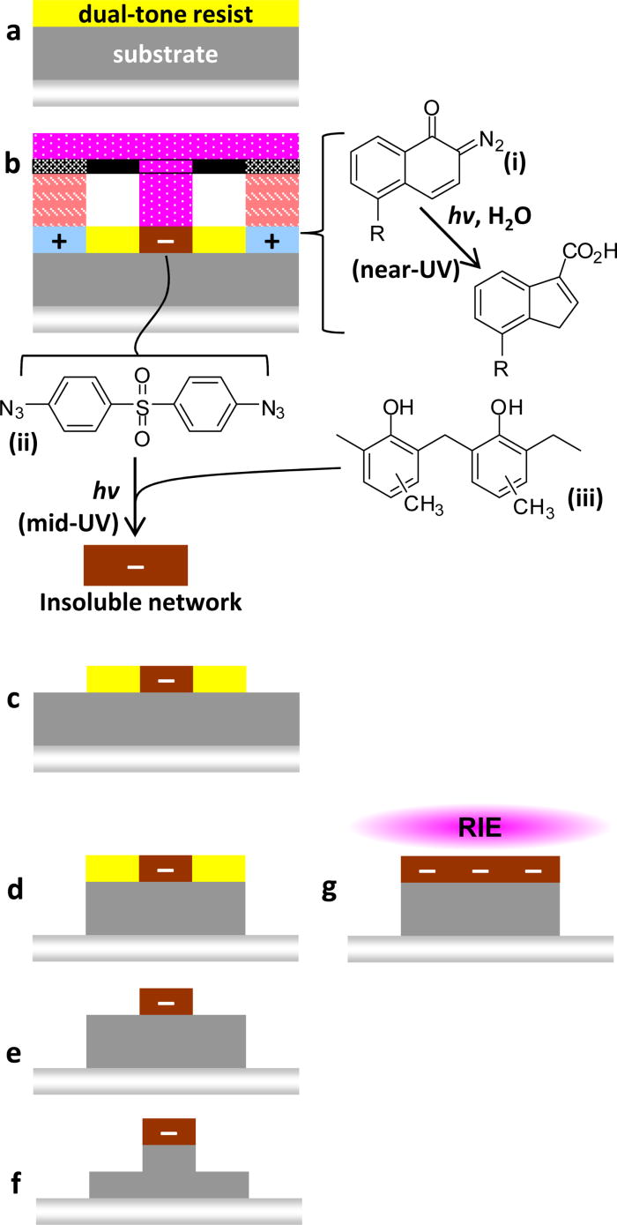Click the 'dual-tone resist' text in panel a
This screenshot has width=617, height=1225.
tap(166, 15)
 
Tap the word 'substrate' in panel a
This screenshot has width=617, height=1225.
tap(166, 55)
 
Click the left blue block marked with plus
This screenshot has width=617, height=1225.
tap(59, 241)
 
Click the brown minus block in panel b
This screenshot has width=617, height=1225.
tap(166, 241)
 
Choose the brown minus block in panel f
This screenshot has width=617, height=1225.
tap(169, 1132)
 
